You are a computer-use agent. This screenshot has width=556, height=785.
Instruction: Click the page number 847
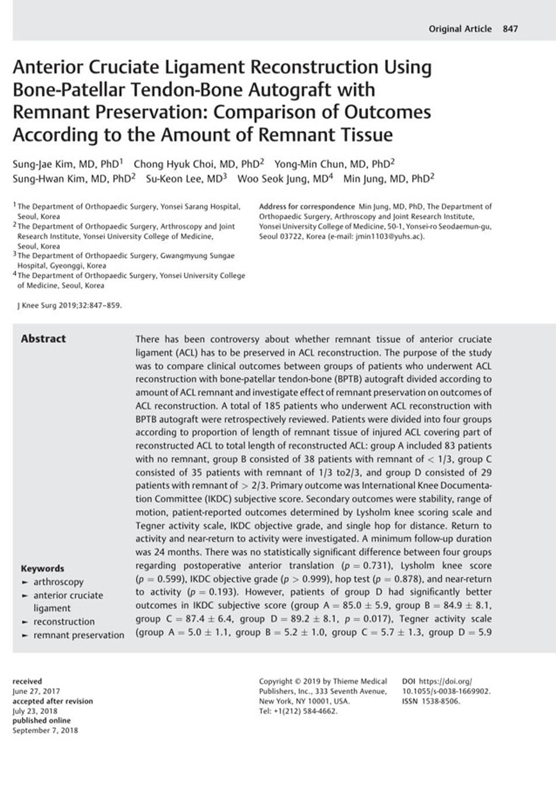pos(510,29)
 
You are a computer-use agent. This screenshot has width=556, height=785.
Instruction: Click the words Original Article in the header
pos(460,29)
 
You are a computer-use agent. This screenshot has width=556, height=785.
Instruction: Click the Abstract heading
pos(43,339)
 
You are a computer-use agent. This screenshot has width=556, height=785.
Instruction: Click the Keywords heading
pos(42,568)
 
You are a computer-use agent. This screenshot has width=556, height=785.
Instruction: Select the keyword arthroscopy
pos(58,582)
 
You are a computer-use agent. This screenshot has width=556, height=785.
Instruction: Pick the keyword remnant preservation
pos(79,635)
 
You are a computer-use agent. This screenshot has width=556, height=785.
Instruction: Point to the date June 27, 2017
pos(36,691)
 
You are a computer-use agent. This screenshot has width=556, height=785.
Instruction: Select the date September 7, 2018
pos(45,730)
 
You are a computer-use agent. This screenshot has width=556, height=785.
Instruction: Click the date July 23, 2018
pos(35,711)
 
